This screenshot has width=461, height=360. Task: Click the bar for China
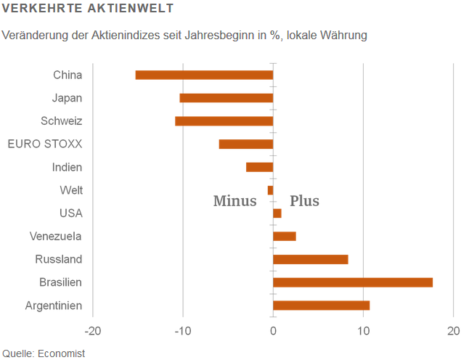[204, 75]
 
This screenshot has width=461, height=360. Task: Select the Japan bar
[227, 98]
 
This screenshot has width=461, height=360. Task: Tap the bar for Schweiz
[224, 121]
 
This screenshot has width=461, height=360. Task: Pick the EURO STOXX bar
[246, 144]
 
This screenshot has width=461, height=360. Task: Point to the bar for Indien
[259, 167]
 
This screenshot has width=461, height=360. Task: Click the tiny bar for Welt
[270, 190]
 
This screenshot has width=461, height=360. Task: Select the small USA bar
[277, 213]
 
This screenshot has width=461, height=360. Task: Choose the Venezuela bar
[285, 236]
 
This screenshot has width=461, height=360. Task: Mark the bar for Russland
[311, 259]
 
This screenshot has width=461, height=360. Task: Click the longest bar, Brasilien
[353, 282]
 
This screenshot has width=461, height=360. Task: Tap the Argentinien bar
[321, 306]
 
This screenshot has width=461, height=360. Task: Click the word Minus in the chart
[234, 201]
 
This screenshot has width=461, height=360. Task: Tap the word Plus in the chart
[304, 201]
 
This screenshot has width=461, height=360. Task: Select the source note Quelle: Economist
[44, 353]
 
